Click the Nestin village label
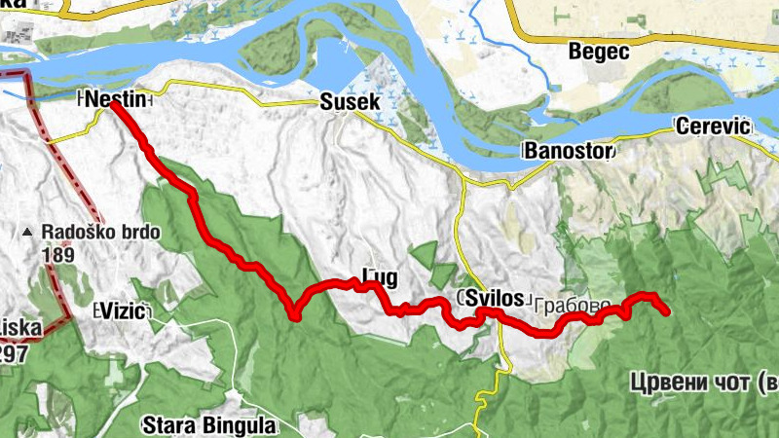click(x=116, y=99)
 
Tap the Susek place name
click(x=344, y=100)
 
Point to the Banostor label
click(x=568, y=151)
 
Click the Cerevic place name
click(x=713, y=127)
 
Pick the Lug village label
click(x=379, y=277)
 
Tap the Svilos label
click(x=495, y=298)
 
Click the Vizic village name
click(x=123, y=311)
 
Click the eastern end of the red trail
click(x=667, y=311)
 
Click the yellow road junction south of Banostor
click(x=465, y=181)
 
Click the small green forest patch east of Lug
click(x=426, y=256)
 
